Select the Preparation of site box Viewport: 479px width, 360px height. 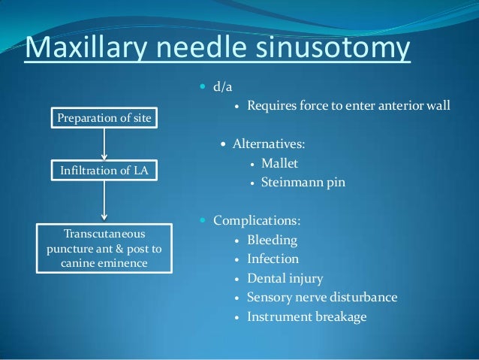pyautogui.click(x=104, y=117)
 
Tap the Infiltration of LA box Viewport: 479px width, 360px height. pyautogui.click(x=104, y=171)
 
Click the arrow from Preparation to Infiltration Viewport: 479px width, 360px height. pyautogui.click(x=104, y=143)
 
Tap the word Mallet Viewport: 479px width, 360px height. pyautogui.click(x=280, y=162)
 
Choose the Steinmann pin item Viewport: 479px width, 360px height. pyautogui.click(x=303, y=182)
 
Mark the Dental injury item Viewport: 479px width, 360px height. pyautogui.click(x=285, y=279)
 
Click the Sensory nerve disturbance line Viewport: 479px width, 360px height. pyautogui.click(x=322, y=298)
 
